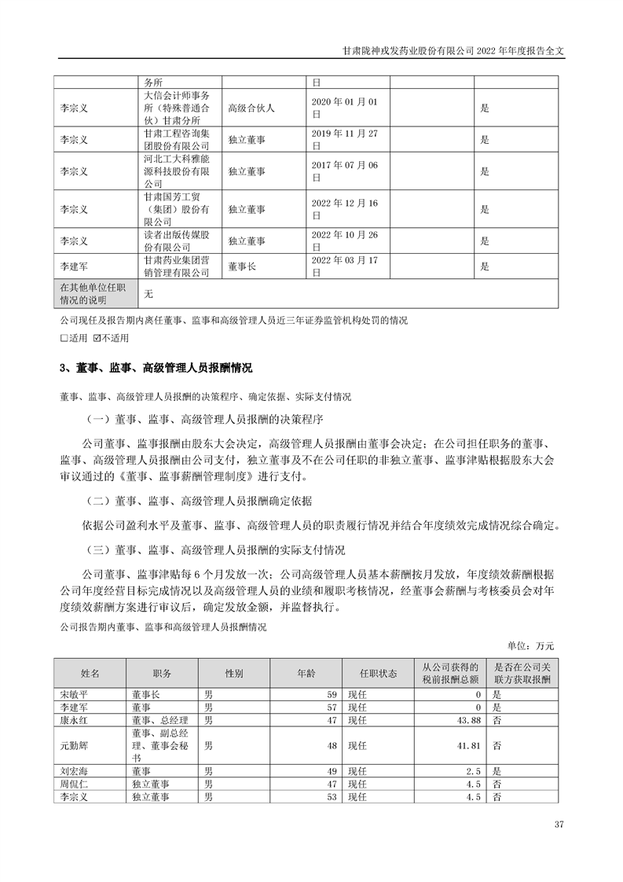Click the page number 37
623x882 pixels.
[559, 825]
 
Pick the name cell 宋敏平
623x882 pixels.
[75, 695]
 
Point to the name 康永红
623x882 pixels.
[75, 718]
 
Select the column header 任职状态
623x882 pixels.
[378, 674]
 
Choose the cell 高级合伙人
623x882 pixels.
[251, 108]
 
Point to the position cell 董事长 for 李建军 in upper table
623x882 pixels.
[241, 267]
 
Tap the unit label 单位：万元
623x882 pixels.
[532, 645]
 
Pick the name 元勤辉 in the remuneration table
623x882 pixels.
[75, 744]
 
